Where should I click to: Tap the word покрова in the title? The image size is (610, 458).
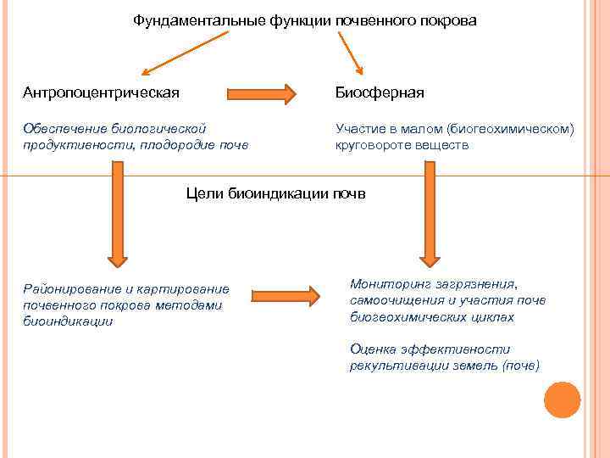(x=448, y=20)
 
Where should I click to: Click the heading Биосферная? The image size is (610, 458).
(x=380, y=92)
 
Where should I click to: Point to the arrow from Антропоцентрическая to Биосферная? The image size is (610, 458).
(x=260, y=91)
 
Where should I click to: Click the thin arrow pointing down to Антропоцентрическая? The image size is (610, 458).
(x=185, y=53)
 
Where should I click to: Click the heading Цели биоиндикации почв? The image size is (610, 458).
(x=275, y=193)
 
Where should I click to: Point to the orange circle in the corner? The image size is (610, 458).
(x=562, y=399)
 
